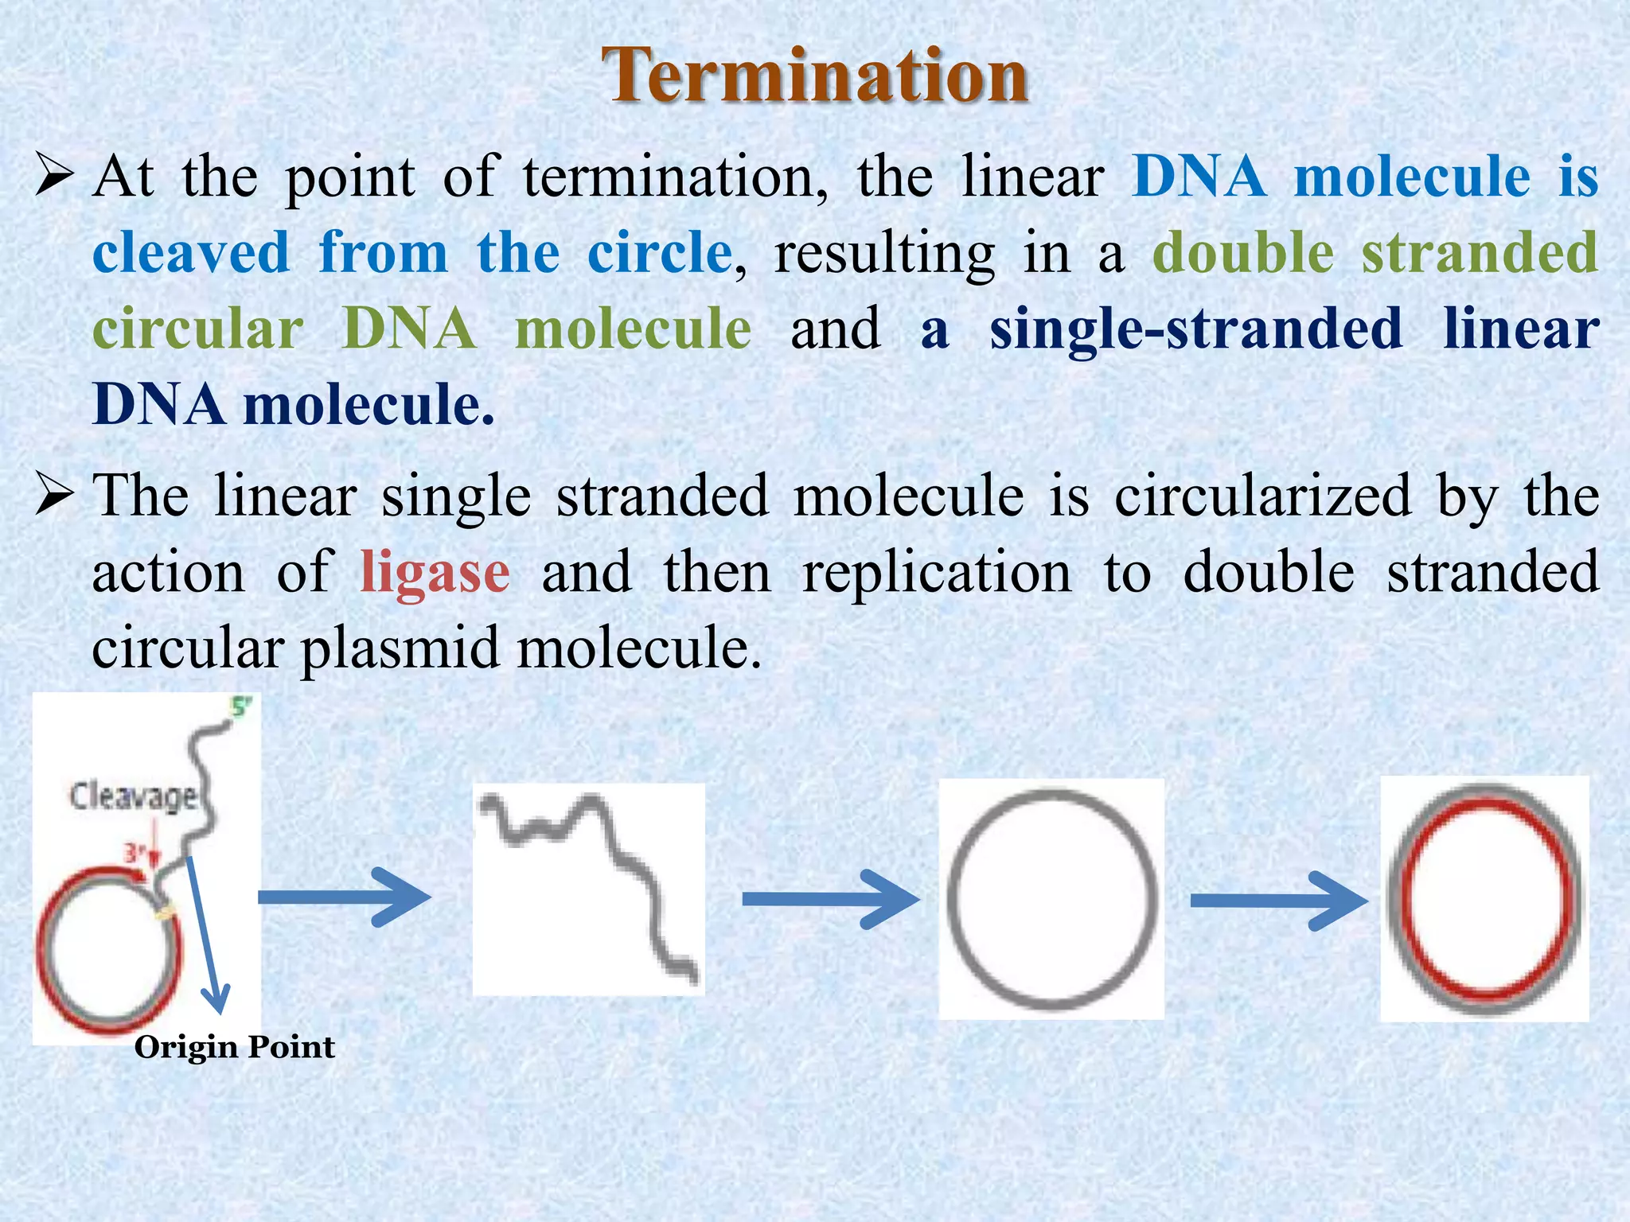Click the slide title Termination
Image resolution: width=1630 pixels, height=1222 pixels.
point(815,76)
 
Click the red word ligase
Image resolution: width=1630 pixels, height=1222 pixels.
point(435,572)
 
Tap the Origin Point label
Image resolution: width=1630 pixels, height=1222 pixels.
point(235,1047)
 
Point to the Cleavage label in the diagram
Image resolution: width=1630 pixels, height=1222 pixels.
point(133,796)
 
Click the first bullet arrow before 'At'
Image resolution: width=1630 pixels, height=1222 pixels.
point(55,177)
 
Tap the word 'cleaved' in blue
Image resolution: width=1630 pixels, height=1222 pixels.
point(191,253)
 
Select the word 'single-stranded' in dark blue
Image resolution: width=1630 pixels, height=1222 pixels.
point(1195,329)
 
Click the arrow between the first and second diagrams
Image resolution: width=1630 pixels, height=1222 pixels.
point(344,897)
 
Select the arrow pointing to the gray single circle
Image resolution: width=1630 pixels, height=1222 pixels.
point(829,899)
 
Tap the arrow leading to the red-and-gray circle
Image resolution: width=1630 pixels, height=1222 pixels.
point(1278,901)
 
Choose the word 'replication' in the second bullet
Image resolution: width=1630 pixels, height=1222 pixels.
point(937,572)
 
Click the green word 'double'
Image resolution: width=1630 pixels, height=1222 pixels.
point(1243,253)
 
